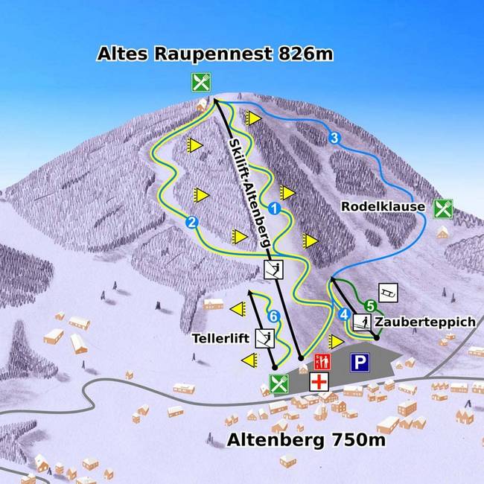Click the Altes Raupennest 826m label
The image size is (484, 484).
215,54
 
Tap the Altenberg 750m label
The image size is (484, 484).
305,441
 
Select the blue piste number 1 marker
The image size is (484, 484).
274,209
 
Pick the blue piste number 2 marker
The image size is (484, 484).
191,222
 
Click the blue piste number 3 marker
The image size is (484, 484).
334,138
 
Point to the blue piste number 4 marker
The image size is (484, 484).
343,314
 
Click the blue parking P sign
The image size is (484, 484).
361,363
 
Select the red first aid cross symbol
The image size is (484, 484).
319,381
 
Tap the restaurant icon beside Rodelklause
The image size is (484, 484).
444,208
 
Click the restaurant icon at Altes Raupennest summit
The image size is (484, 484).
200,81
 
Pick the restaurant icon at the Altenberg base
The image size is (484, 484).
278,384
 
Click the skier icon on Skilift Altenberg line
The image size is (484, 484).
275,270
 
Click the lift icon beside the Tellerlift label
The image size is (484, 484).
265,338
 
